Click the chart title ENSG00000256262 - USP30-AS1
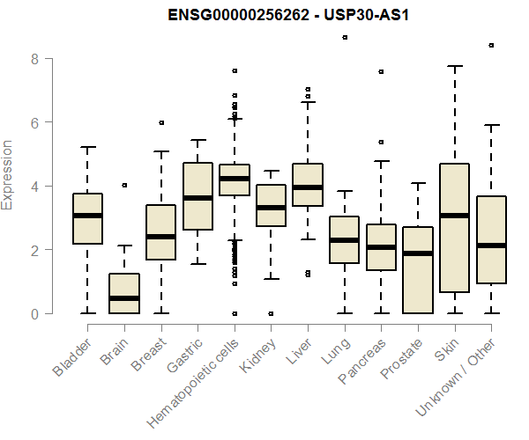pyautogui.click(x=264, y=16)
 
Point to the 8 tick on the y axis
pyautogui.click(x=35, y=59)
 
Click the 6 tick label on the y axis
pyautogui.click(x=35, y=122)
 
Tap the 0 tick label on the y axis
pyautogui.click(x=35, y=313)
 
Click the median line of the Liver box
pyautogui.click(x=308, y=187)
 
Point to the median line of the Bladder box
pyautogui.click(x=87, y=216)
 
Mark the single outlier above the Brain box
pyautogui.click(x=124, y=185)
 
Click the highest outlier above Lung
pyautogui.click(x=345, y=37)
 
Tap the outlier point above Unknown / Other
pyautogui.click(x=491, y=45)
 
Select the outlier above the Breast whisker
pyautogui.click(x=161, y=123)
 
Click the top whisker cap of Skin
pyautogui.click(x=455, y=66)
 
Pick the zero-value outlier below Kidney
pyautogui.click(x=271, y=313)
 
